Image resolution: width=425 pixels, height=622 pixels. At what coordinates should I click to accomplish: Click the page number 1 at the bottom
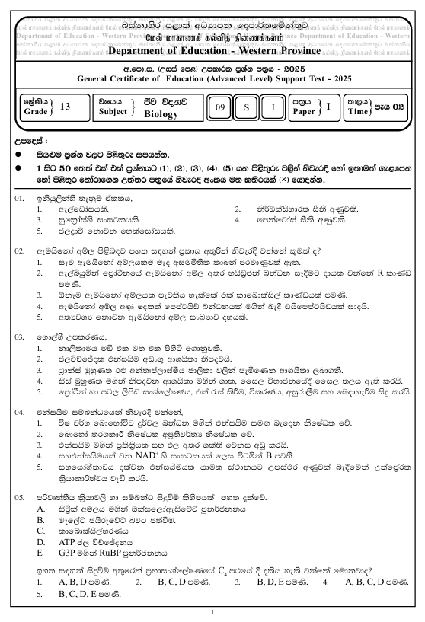[x=212, y=612]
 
